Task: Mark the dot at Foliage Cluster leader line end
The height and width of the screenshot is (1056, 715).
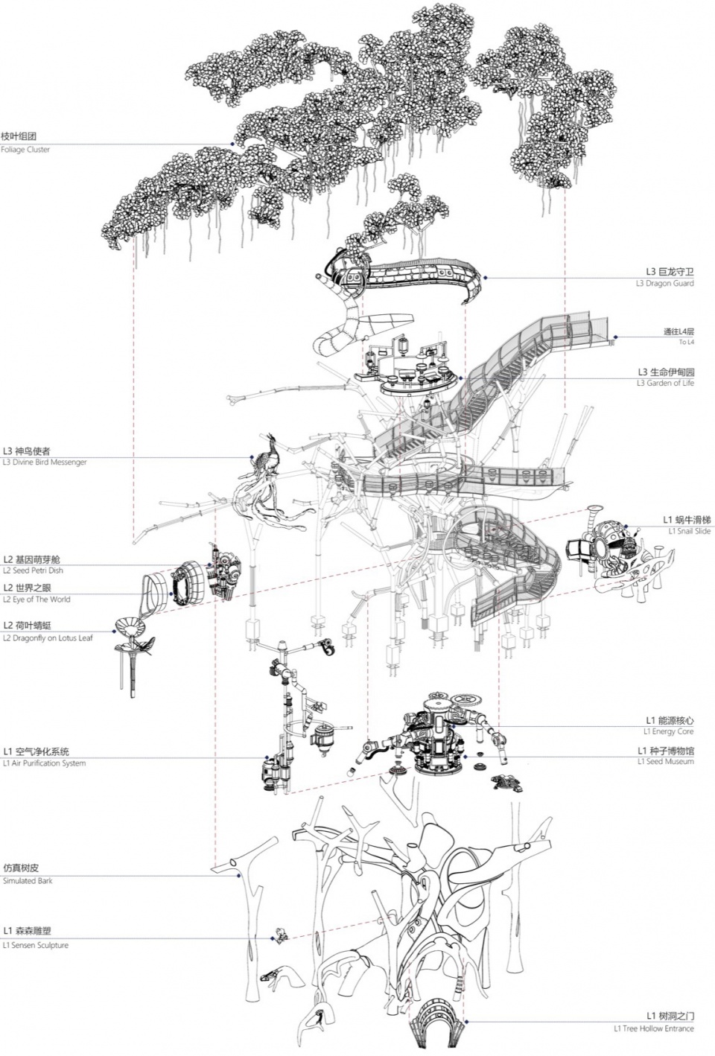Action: (x=232, y=144)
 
